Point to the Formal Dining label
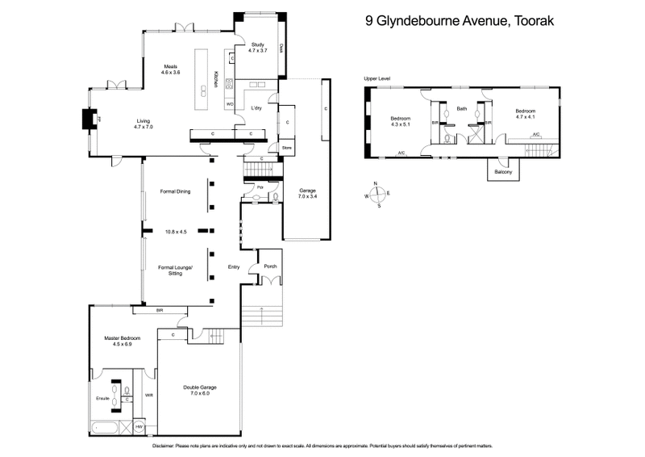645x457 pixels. pos(174,192)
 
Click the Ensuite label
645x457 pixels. pos(103,399)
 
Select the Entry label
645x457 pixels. pos(234,269)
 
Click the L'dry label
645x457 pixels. pos(257,107)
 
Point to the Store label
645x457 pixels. pos(285,149)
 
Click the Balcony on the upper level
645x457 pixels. pos(504,171)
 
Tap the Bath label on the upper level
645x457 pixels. pos(462,108)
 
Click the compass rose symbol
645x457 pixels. pos(377,195)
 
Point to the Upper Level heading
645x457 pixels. pos(377,78)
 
